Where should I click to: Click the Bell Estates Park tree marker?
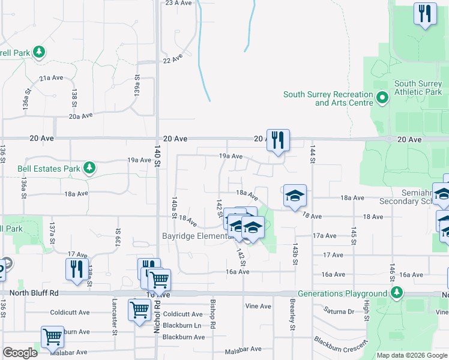tap(89, 167)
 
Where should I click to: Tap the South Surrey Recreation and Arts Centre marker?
tap(382, 96)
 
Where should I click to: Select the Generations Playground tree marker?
tap(396, 293)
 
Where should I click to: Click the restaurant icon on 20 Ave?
tap(278, 140)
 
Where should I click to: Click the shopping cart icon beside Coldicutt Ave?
tap(139, 310)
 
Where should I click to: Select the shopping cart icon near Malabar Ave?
tap(52, 337)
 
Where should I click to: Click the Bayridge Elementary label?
tap(197, 236)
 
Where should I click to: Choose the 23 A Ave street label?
tap(178, 3)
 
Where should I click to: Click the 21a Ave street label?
tap(51, 78)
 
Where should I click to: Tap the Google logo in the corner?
tap(20, 353)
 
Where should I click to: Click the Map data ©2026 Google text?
tap(411, 355)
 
